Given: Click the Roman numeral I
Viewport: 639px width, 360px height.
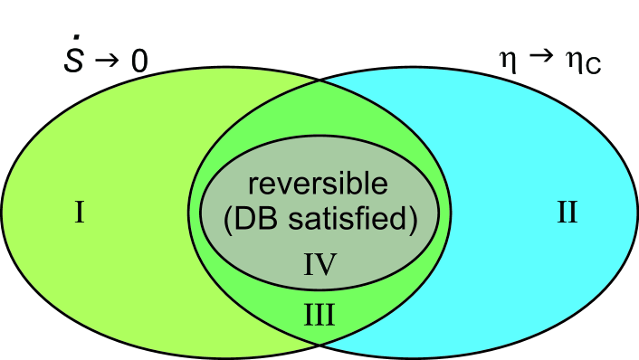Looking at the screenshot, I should [x=80, y=214].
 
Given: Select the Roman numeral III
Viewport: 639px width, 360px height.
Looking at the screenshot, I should [x=319, y=317].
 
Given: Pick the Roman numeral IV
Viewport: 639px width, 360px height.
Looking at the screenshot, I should [x=319, y=264].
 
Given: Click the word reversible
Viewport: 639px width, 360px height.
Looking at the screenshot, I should [x=319, y=185].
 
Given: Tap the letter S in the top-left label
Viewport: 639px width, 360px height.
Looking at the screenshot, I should [x=69, y=62].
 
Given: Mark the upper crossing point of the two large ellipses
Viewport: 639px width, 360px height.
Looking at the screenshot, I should [x=319, y=81].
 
